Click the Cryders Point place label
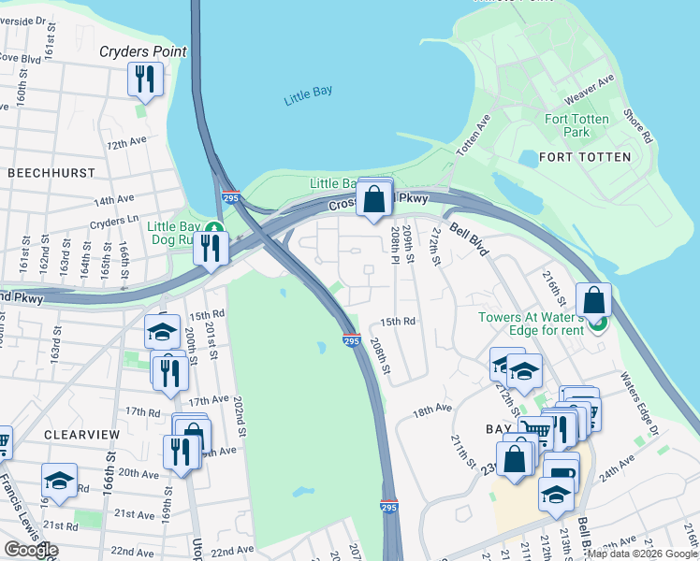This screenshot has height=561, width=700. click(143, 52)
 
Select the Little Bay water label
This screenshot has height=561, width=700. click(307, 100)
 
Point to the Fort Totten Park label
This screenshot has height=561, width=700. click(576, 125)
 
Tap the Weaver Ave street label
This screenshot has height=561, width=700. click(588, 92)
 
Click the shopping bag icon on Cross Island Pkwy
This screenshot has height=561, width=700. click(374, 199)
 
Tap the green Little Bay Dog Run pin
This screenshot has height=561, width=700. click(214, 228)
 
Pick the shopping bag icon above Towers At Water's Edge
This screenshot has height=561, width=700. click(593, 301)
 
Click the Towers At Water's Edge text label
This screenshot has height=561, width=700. click(531, 324)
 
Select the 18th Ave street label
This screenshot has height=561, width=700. click(432, 410)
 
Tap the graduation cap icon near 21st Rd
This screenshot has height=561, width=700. click(59, 481)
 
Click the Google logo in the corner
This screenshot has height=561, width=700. click(31, 550)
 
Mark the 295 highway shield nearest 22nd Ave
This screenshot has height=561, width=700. click(390, 507)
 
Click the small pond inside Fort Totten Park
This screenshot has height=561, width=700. click(528, 158)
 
